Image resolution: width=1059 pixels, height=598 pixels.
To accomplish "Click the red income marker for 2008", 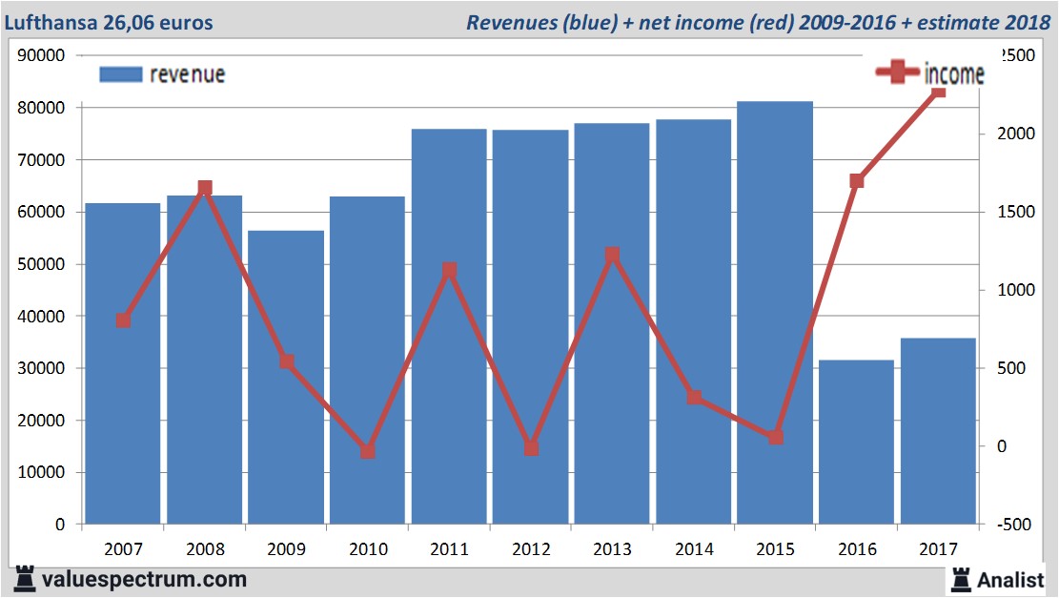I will (205, 189).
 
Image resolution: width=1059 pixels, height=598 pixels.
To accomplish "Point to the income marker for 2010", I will (368, 451).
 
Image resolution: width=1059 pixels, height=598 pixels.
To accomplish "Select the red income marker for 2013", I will (612, 255).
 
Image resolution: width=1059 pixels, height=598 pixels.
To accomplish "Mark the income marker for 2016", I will (856, 181).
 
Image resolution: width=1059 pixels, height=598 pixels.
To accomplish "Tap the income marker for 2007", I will (123, 320).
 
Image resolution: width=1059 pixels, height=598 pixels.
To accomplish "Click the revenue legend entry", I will (162, 74).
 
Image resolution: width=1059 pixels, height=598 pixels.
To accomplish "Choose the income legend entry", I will (930, 73).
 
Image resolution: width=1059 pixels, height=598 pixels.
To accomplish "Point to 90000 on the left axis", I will (41, 56).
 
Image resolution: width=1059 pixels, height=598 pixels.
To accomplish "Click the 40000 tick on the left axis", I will (41, 317).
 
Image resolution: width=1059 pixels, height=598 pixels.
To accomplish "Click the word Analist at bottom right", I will (1010, 579).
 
